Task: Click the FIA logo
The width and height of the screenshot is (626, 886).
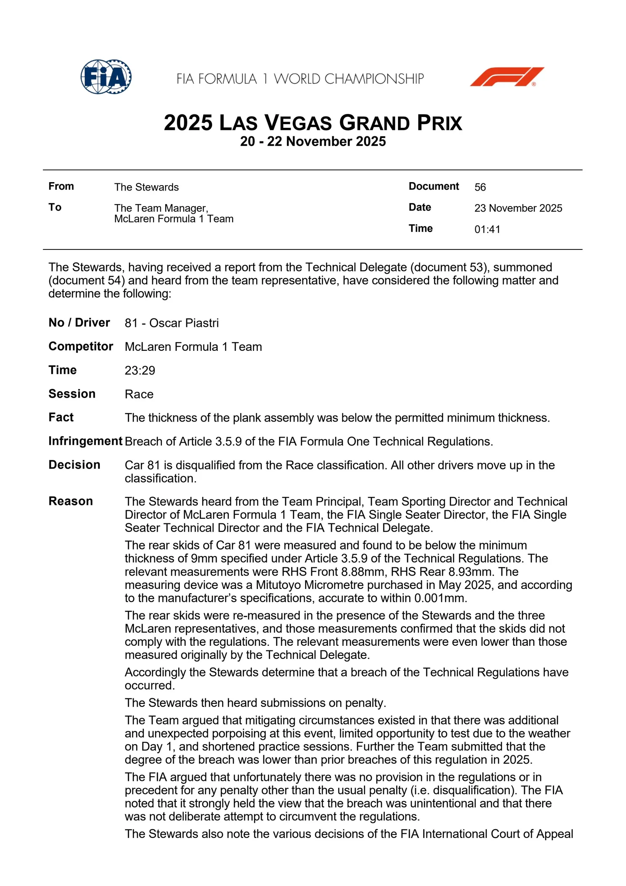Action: [106, 77]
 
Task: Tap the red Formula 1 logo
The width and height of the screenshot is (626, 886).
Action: [507, 77]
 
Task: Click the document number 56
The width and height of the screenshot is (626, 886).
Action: [480, 187]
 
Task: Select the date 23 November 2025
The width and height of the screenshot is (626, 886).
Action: [518, 208]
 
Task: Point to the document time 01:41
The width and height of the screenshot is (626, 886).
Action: [487, 229]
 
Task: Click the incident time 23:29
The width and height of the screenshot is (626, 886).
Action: [140, 370]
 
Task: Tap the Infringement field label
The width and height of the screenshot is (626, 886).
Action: [85, 441]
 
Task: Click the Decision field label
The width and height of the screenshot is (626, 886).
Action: [74, 464]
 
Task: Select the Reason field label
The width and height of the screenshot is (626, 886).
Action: [71, 501]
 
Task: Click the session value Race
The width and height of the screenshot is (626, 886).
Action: [139, 394]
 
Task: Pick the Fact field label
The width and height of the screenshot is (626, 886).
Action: [61, 417]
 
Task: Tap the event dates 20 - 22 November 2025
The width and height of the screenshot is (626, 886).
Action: [313, 141]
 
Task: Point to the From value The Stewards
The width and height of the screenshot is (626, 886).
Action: [146, 187]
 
